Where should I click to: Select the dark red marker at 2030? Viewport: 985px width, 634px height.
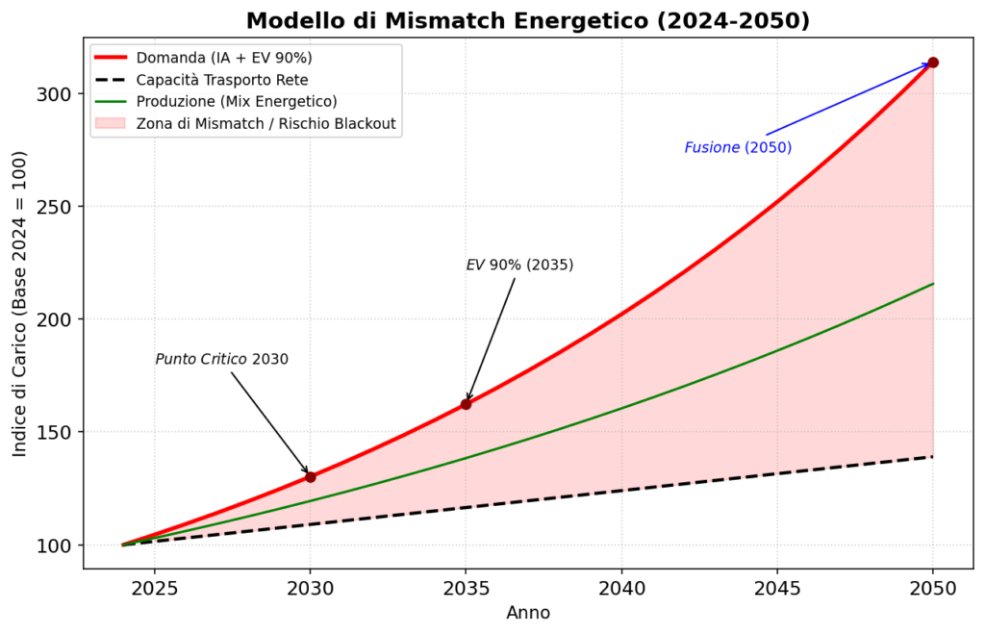pos(311,477)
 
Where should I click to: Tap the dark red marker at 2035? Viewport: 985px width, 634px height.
pos(466,404)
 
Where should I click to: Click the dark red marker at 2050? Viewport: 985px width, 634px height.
pos(933,63)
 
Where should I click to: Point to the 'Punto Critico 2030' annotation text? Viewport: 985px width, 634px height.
pos(222,360)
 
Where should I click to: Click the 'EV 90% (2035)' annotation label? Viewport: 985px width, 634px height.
pos(519,266)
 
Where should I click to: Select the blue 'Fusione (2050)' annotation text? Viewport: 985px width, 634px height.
pos(738,147)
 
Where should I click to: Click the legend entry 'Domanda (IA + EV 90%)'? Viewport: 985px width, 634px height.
pos(224,58)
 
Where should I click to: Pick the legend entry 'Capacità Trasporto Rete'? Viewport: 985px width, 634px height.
pos(222,80)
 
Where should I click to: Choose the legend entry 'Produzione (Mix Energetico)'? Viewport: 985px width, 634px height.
pos(237,102)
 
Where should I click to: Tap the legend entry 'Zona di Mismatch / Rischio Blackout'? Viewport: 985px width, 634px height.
pos(266,124)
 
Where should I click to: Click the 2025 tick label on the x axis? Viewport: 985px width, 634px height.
pos(154,589)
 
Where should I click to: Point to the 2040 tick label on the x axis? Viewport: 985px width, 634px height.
pos(621,589)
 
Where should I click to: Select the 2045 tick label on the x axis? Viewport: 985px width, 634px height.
pos(777,589)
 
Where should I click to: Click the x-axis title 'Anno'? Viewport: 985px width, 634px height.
pos(528,613)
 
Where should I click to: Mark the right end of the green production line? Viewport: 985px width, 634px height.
pos(933,284)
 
